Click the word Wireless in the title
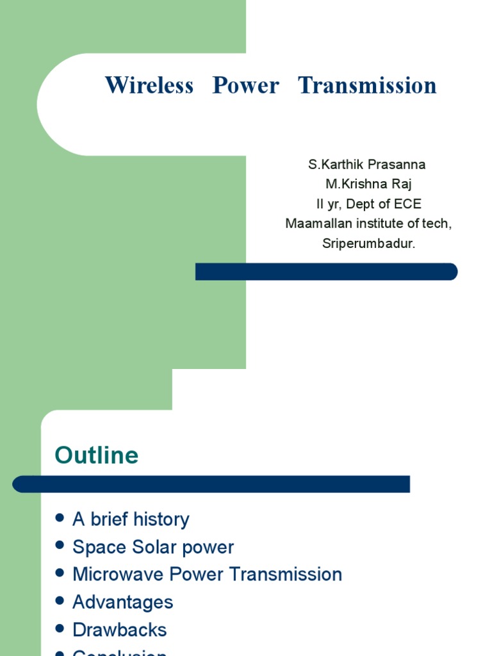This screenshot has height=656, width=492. click(149, 85)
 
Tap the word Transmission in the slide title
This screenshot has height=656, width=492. click(367, 85)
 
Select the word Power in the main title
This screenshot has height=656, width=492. click(246, 85)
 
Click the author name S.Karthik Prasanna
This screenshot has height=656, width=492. click(366, 165)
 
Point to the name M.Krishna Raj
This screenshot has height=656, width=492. click(368, 184)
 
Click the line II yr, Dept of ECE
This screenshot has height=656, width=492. click(368, 204)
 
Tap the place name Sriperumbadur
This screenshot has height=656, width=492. click(368, 243)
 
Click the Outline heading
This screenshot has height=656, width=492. click(97, 455)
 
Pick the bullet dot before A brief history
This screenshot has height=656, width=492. click(60, 518)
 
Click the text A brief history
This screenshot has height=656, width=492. click(131, 519)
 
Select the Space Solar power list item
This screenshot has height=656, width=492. click(153, 547)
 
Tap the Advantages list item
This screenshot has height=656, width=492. click(123, 602)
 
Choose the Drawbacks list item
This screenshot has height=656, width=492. click(120, 630)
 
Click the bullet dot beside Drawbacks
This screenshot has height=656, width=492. click(60, 629)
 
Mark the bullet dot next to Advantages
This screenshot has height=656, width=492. click(60, 601)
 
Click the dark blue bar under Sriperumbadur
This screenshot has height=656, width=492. click(326, 272)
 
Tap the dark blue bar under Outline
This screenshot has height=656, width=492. click(211, 484)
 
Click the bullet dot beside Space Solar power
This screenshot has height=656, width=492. click(60, 546)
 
